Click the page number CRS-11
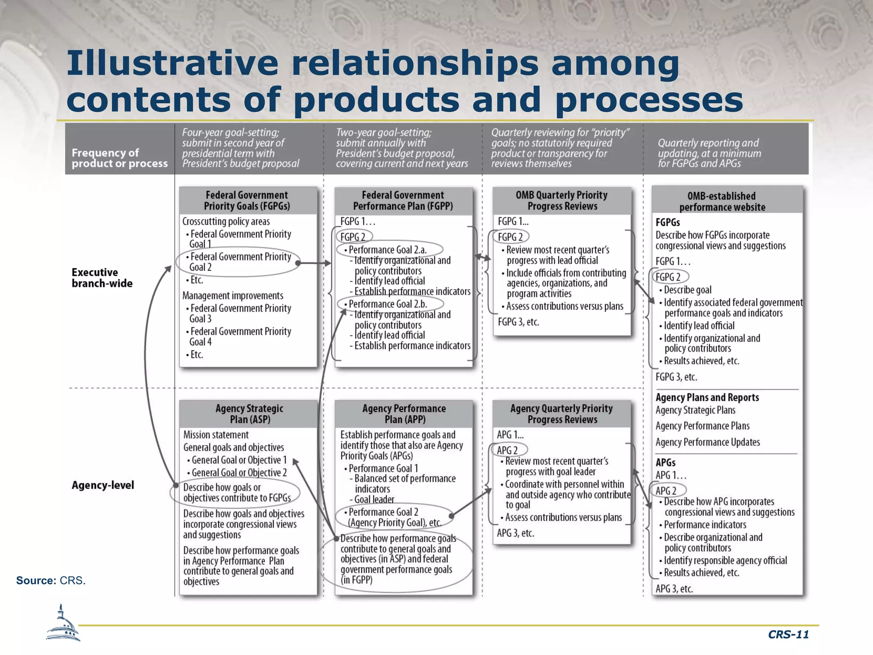(x=788, y=635)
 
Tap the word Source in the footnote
(x=36, y=580)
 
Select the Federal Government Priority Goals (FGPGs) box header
(x=247, y=200)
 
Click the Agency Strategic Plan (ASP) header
(x=249, y=414)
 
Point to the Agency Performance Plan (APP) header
(x=404, y=414)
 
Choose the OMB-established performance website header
(x=722, y=201)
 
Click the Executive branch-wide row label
(x=102, y=278)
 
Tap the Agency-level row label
(x=103, y=485)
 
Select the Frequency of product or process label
(x=119, y=158)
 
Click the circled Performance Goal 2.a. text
(x=387, y=250)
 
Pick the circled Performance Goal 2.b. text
(x=388, y=304)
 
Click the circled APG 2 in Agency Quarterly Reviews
(x=507, y=450)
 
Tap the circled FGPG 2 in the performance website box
(x=668, y=277)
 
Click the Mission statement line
(x=216, y=435)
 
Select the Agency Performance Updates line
(x=708, y=442)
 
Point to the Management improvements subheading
(x=233, y=296)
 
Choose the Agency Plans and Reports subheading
(x=707, y=397)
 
